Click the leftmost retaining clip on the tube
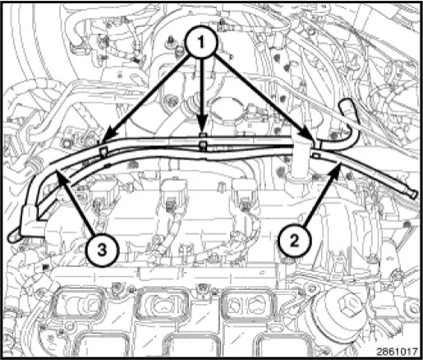point(103,151)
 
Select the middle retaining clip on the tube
point(202,146)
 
